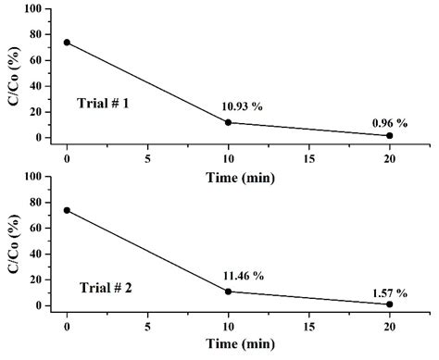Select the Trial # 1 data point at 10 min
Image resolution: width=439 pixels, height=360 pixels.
[x=228, y=122]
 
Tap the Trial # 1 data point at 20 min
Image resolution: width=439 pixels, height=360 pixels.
[x=389, y=136]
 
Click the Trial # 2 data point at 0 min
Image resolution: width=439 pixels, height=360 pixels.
[x=67, y=210]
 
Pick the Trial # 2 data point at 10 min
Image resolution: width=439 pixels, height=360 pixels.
[x=228, y=292]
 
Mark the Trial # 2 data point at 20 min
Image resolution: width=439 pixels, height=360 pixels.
[x=389, y=304]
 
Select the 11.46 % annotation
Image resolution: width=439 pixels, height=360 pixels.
[x=243, y=275]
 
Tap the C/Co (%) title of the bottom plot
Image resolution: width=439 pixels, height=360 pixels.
[x=13, y=241]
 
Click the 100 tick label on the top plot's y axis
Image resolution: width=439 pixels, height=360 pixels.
[x=34, y=8]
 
